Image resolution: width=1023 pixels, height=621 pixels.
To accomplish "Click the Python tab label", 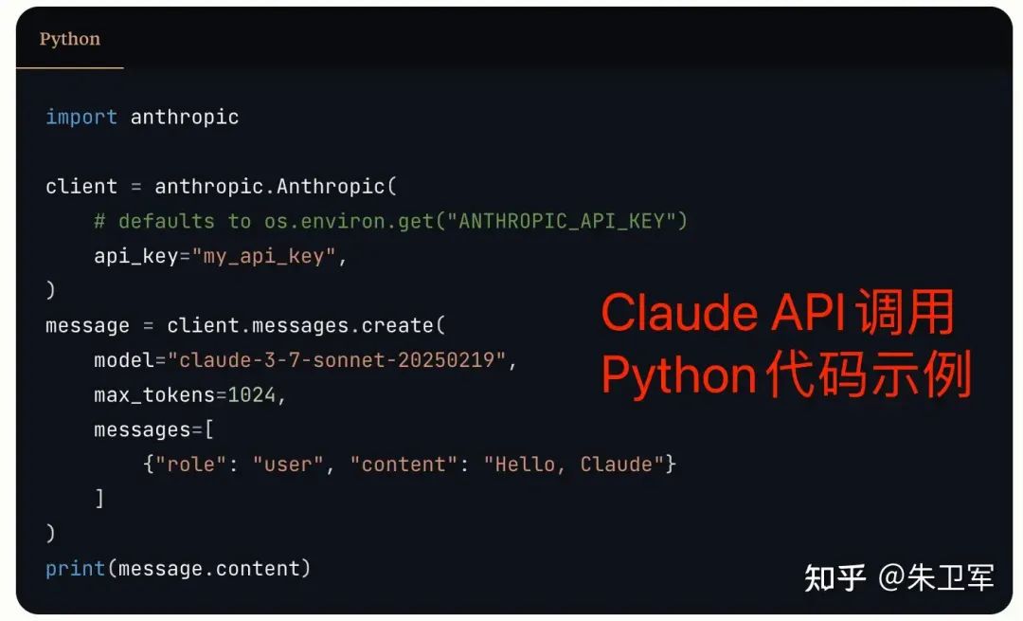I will [x=69, y=39].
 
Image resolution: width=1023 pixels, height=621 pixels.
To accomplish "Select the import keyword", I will [x=81, y=117].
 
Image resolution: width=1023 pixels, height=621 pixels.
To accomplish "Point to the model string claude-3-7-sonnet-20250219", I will [x=337, y=360].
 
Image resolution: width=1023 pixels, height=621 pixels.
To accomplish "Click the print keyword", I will [x=75, y=568].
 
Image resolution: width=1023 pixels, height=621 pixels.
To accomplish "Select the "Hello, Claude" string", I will [x=574, y=465].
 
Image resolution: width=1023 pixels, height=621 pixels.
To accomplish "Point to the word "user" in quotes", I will [x=289, y=465].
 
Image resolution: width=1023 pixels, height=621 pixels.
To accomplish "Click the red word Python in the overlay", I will [x=677, y=376].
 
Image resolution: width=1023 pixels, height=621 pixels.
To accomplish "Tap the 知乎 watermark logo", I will [x=835, y=576].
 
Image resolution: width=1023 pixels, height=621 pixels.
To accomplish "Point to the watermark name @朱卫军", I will [x=936, y=576].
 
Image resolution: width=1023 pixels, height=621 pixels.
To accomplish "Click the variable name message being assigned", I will [x=87, y=325].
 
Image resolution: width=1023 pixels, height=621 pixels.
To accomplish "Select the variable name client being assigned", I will [x=81, y=186].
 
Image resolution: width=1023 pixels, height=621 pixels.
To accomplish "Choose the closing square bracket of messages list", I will [x=99, y=499].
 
